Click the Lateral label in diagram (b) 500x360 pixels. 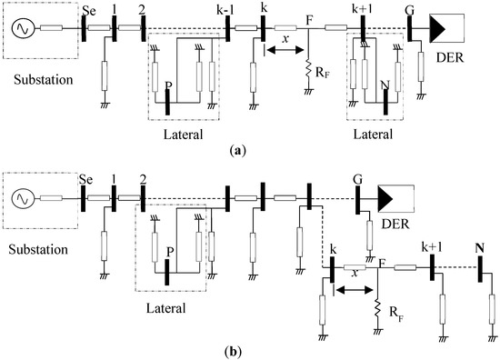pyautogui.click(x=170, y=308)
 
